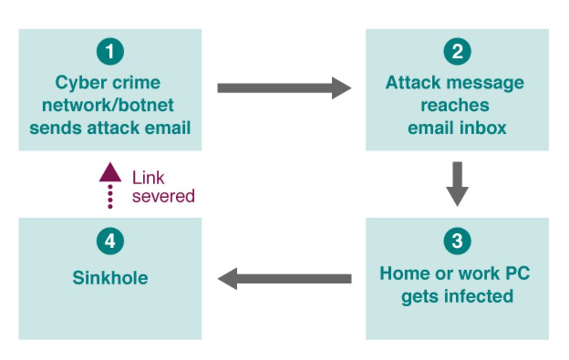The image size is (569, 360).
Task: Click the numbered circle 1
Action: (x=110, y=52)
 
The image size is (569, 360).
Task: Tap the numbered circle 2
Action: (x=457, y=52)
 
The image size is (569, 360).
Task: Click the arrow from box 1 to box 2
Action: (x=283, y=88)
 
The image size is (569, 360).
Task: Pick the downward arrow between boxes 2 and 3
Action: (x=457, y=183)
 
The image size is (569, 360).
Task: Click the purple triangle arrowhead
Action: (x=110, y=173)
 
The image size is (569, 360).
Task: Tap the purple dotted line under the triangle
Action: (x=110, y=197)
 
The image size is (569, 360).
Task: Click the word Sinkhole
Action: (x=110, y=278)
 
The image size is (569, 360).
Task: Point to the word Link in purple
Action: (x=148, y=177)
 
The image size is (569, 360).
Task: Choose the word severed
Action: (x=163, y=196)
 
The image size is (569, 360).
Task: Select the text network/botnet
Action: (x=110, y=106)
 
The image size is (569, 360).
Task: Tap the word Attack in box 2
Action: (x=413, y=82)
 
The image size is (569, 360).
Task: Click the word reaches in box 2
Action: (x=455, y=106)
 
